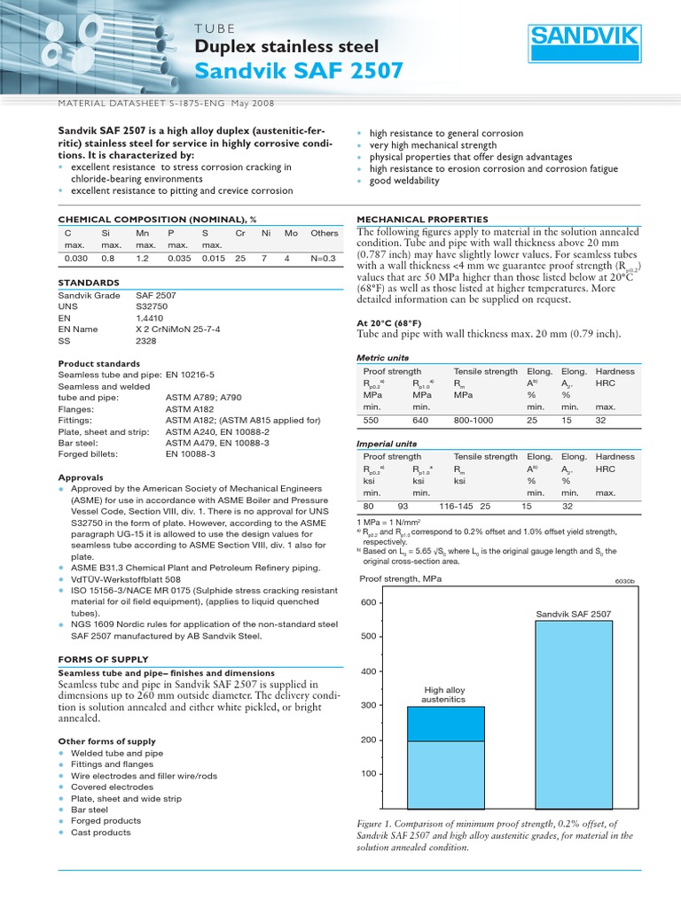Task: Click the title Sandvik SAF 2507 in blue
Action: (x=298, y=71)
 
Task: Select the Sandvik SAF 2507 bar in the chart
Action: (x=574, y=713)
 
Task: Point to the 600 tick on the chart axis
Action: (x=368, y=603)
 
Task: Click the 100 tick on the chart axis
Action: (x=368, y=774)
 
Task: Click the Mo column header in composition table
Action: (x=292, y=232)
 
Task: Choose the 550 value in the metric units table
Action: (x=371, y=421)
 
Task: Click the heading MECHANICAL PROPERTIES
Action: (x=422, y=219)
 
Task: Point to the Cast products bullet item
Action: (x=100, y=832)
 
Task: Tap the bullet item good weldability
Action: (x=403, y=181)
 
